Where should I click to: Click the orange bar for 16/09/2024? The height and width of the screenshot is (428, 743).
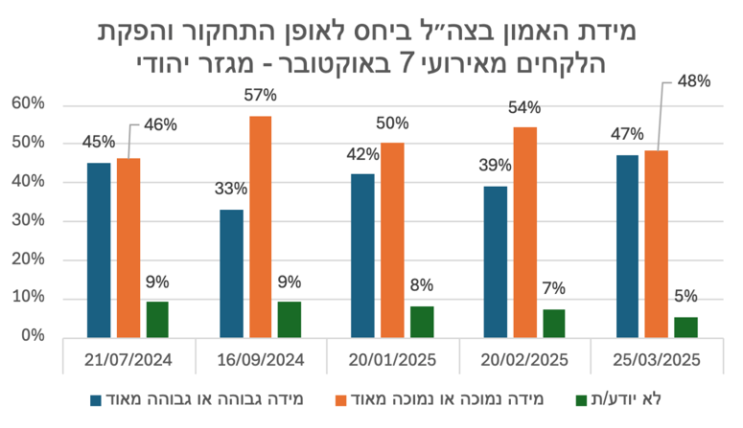pyautogui.click(x=260, y=226)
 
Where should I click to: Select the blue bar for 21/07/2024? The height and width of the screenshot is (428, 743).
pyautogui.click(x=99, y=250)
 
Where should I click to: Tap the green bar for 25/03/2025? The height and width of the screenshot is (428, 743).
pyautogui.click(x=685, y=327)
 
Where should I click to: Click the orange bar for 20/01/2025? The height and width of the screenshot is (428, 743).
pyautogui.click(x=392, y=239)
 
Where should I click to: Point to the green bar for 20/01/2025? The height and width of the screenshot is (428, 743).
pyautogui.click(x=422, y=322)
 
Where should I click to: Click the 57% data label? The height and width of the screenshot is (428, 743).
pyautogui.click(x=261, y=95)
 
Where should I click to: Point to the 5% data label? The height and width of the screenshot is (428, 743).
pyautogui.click(x=685, y=297)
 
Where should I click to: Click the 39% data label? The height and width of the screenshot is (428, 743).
pyautogui.click(x=495, y=167)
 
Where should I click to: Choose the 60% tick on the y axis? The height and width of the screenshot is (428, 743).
pyautogui.click(x=30, y=103)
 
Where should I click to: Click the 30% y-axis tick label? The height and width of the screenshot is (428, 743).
pyautogui.click(x=30, y=220)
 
